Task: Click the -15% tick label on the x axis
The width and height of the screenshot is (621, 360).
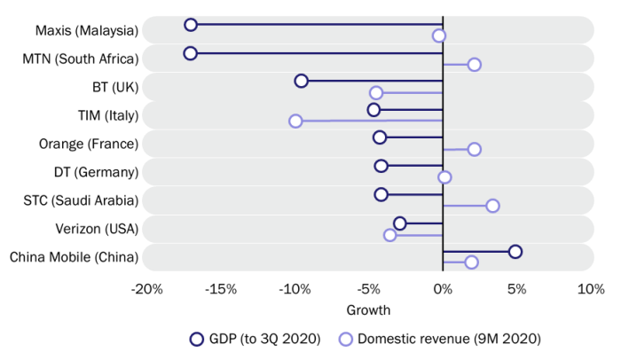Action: pyautogui.click(x=221, y=289)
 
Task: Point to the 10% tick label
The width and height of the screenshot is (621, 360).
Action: pyautogui.click(x=591, y=289)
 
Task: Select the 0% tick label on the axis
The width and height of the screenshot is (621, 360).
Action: pyautogui.click(x=443, y=289)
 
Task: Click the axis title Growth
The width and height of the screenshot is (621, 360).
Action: pyautogui.click(x=368, y=310)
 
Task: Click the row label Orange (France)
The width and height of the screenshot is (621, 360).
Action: pyautogui.click(x=89, y=144)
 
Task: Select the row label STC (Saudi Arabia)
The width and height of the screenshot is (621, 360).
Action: pyautogui.click(x=81, y=200)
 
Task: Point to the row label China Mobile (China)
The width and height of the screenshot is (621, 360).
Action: pyautogui.click(x=74, y=257)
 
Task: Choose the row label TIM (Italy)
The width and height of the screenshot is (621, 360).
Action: pyautogui.click(x=108, y=115)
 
